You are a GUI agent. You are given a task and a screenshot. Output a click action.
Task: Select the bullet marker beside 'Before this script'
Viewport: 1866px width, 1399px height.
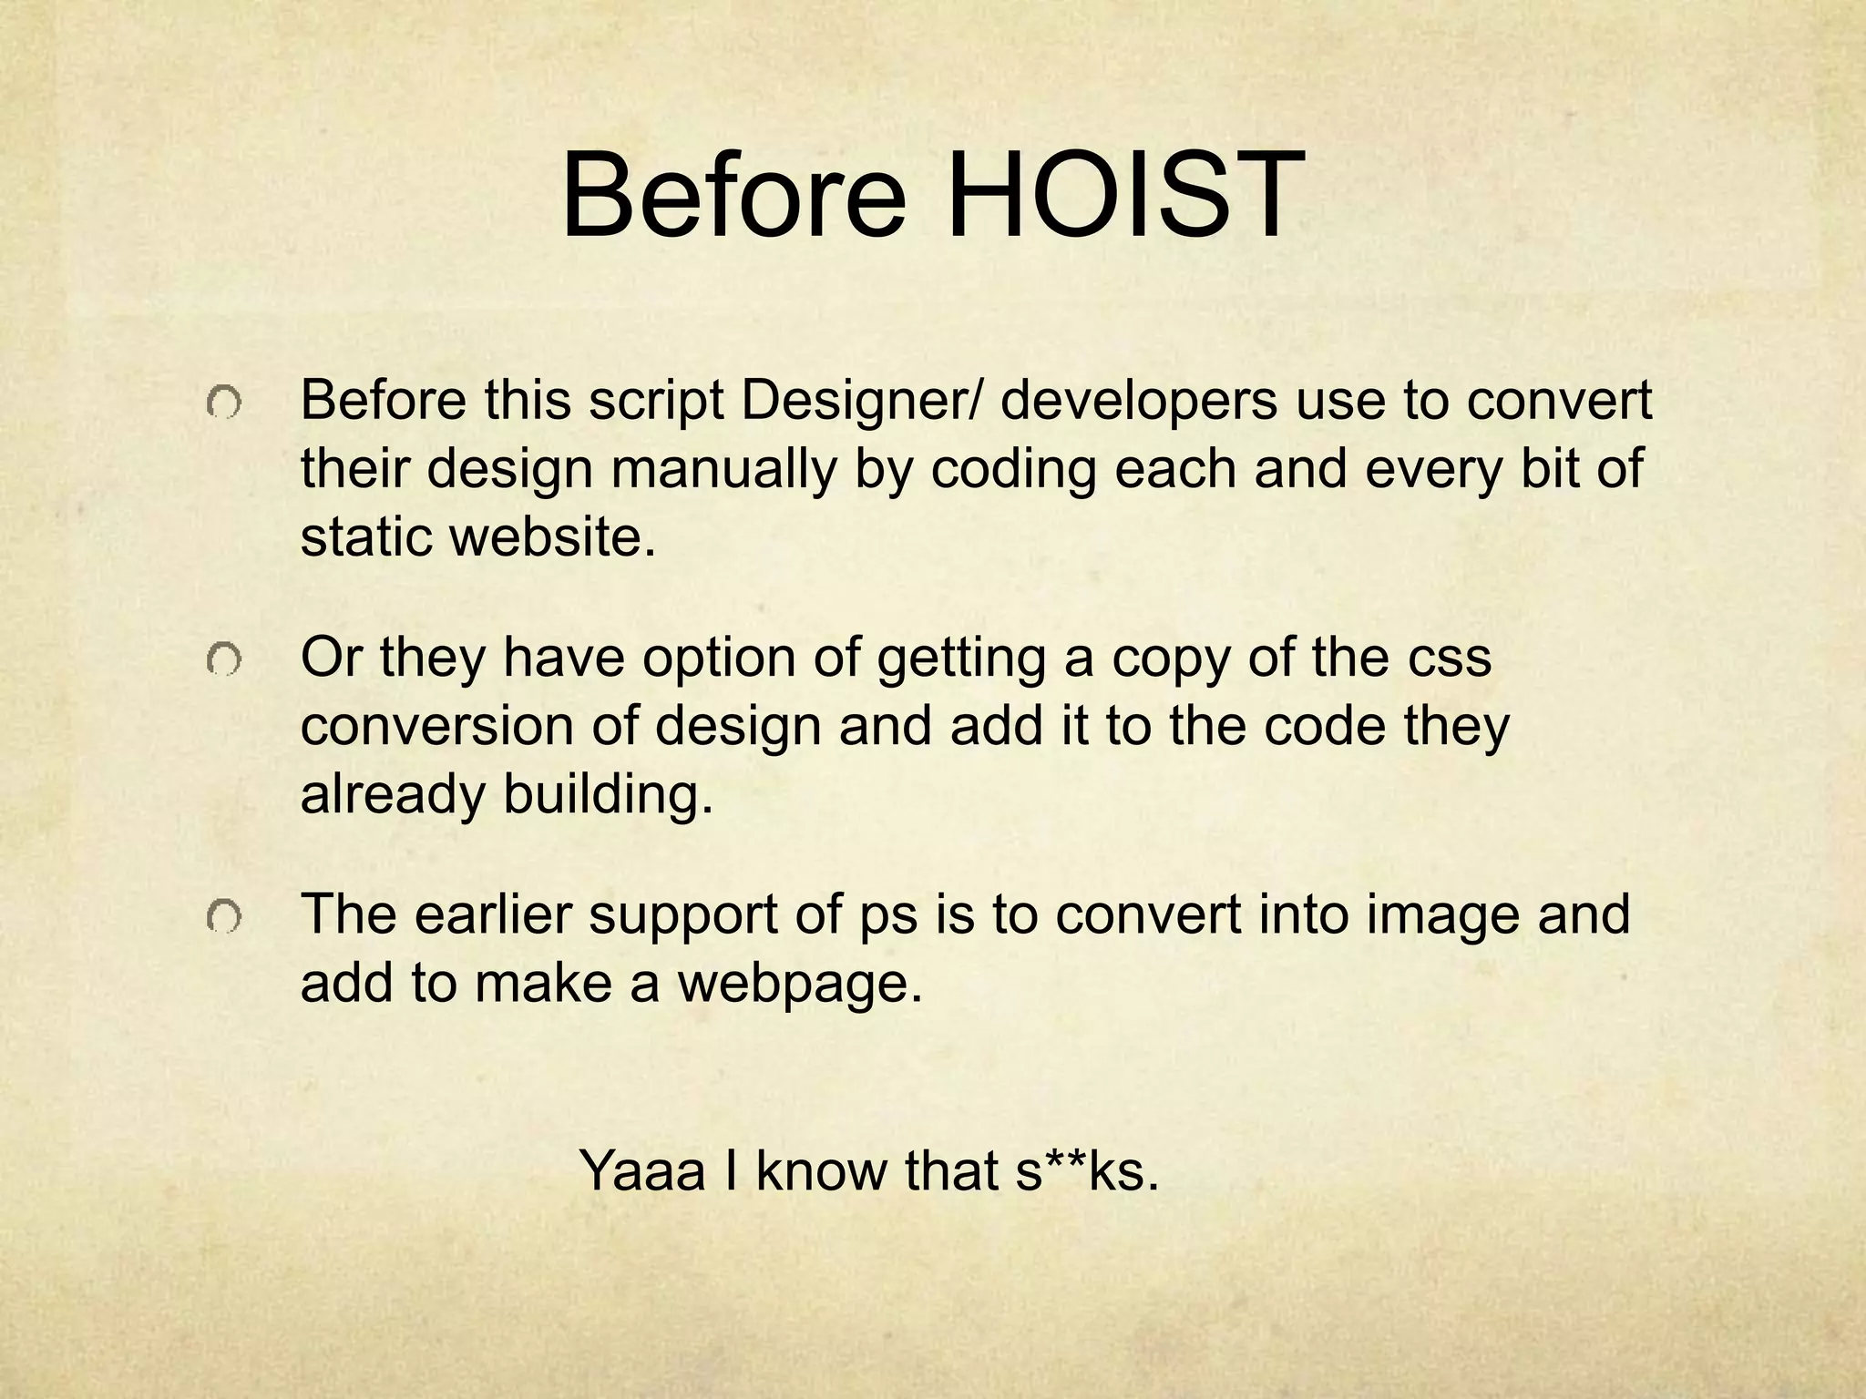(x=223, y=403)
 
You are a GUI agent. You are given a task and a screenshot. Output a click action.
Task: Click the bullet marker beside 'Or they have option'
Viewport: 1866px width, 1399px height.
(x=223, y=660)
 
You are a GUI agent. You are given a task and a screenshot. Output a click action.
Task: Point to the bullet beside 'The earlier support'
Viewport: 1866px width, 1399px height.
(x=223, y=918)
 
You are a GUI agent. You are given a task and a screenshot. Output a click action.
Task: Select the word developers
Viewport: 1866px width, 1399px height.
(x=1139, y=402)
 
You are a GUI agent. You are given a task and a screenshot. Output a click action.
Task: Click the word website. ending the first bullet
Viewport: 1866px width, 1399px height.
(x=554, y=537)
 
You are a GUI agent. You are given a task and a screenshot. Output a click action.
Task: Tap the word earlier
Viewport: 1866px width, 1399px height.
(x=492, y=914)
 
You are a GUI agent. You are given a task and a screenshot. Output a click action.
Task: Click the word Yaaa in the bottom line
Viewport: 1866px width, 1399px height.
(x=642, y=1170)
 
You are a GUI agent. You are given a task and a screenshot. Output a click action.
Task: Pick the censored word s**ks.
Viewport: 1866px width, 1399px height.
(x=1087, y=1170)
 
